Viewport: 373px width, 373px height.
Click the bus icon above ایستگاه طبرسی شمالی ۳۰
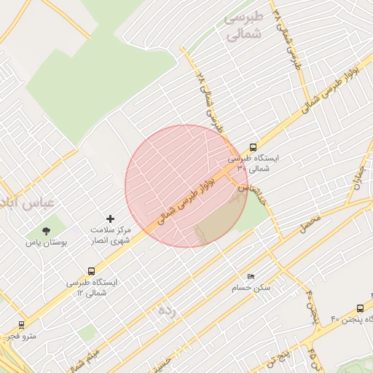coord(253,147)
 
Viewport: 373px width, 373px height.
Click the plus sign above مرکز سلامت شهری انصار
coord(110,218)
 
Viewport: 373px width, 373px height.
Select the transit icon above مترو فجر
coord(20,325)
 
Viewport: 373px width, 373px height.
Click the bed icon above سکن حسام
coord(251,278)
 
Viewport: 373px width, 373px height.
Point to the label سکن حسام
coord(251,288)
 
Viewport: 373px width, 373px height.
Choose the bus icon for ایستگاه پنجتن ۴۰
coord(360,309)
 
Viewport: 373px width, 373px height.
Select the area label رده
coord(168,310)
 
